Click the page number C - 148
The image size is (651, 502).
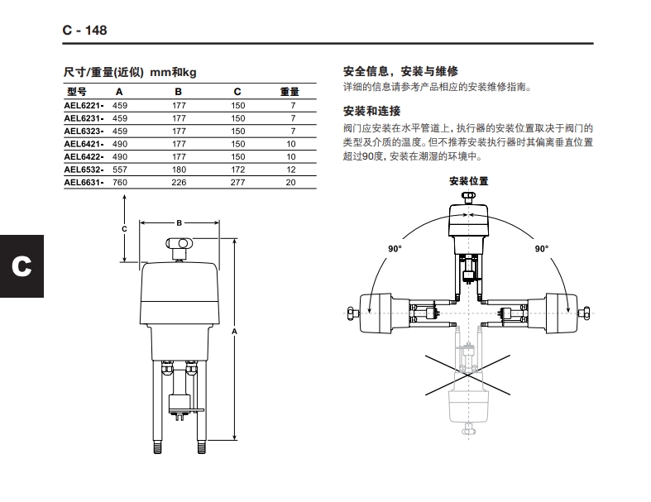[x=85, y=31]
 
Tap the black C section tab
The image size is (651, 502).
[x=22, y=265]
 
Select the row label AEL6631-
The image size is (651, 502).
[x=84, y=182]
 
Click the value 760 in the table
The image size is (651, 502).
[x=120, y=182]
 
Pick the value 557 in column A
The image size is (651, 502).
[x=120, y=169]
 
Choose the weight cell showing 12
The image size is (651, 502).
[x=290, y=169]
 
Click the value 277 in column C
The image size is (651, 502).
[x=238, y=182]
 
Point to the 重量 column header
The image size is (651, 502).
[x=290, y=92]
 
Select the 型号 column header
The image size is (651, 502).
[x=76, y=92]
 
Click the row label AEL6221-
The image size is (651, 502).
[x=84, y=105]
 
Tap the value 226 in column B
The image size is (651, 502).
[x=179, y=182]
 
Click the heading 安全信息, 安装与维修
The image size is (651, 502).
[x=400, y=71]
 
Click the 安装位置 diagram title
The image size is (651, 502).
[x=468, y=180]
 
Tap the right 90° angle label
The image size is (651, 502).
[x=541, y=248]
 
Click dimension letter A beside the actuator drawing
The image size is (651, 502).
[x=236, y=331]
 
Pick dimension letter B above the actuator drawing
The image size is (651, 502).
[x=179, y=222]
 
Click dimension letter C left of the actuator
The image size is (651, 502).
[x=124, y=228]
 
